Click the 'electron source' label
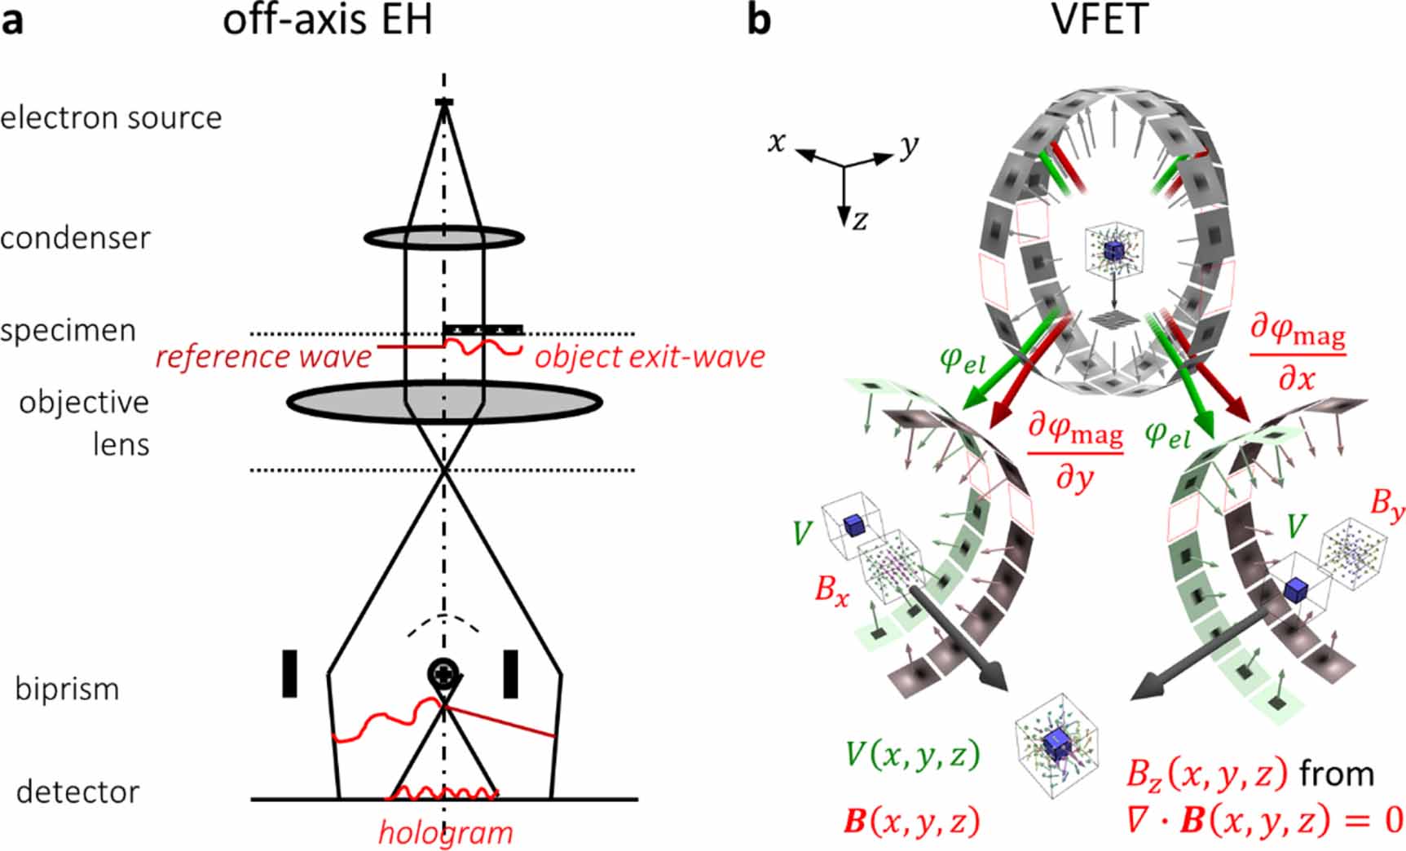[x=111, y=118]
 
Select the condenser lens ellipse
[x=443, y=238]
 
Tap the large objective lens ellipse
[x=443, y=402]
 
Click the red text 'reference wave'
[x=263, y=357]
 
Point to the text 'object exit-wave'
[x=650, y=357]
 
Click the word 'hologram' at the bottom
[x=446, y=832]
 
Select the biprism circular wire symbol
[x=443, y=673]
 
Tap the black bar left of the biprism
[x=289, y=673]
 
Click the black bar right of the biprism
[x=511, y=673]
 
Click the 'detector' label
[x=78, y=791]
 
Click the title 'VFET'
[x=1100, y=19]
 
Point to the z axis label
[x=860, y=220]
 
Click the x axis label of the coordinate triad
[x=777, y=142]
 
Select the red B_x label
[x=831, y=589]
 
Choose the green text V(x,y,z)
[x=912, y=755]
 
